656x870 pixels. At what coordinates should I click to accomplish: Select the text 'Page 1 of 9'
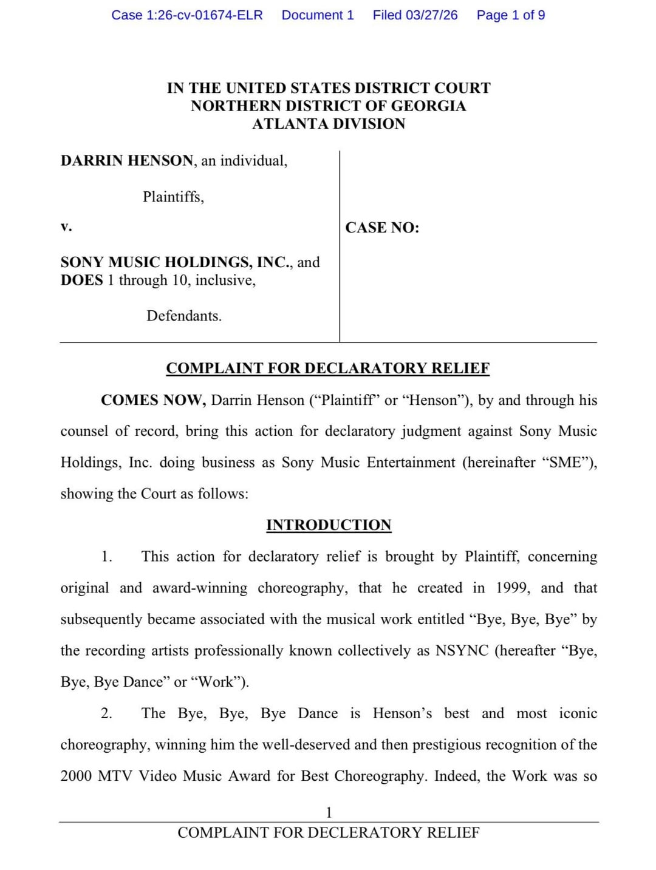[510, 15]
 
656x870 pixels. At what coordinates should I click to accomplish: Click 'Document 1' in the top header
[318, 15]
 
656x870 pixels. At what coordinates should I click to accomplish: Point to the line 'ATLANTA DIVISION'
[329, 124]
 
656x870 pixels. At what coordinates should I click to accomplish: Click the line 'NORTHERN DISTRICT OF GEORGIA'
[329, 106]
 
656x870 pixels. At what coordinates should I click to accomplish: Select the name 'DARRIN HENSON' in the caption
[127, 161]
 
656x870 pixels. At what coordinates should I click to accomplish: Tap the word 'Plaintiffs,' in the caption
[173, 197]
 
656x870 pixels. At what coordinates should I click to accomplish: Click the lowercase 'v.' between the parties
[66, 227]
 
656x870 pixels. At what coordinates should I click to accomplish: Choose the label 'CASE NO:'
[382, 228]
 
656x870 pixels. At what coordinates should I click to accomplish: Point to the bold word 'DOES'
[81, 280]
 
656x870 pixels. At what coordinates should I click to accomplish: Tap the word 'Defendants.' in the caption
[184, 316]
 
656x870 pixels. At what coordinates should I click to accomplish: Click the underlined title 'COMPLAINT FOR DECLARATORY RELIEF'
[328, 369]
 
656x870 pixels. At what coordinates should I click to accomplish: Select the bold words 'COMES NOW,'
[154, 401]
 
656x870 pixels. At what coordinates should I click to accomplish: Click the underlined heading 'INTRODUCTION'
[329, 525]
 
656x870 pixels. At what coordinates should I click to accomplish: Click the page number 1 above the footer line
[329, 812]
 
